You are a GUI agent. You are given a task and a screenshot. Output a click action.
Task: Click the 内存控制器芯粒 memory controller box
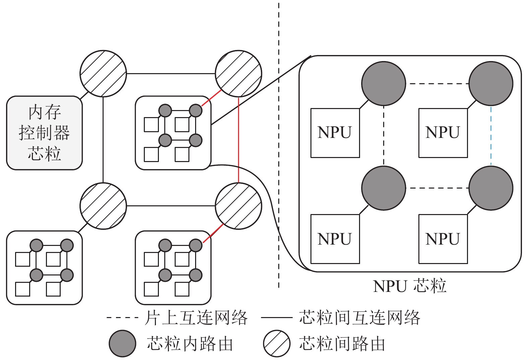(x=44, y=133)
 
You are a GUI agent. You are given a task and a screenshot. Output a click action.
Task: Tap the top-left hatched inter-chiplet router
(x=103, y=73)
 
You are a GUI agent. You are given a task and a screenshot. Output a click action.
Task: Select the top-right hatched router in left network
(x=238, y=73)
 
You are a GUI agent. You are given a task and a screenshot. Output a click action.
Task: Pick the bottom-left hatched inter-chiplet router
(x=103, y=206)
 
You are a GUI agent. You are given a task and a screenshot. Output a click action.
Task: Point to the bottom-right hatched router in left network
(x=238, y=206)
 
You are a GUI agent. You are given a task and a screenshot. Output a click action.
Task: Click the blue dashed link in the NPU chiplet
(x=491, y=136)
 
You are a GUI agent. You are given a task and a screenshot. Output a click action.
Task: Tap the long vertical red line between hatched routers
(x=238, y=140)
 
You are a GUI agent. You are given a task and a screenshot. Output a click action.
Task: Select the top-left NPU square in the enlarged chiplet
(x=335, y=133)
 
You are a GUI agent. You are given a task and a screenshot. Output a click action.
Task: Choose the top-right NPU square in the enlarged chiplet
(x=443, y=133)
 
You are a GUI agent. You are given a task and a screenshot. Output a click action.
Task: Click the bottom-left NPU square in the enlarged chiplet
(x=335, y=239)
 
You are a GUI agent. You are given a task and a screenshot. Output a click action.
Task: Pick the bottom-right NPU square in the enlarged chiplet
(x=443, y=239)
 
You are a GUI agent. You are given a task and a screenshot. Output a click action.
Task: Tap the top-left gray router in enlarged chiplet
(x=384, y=84)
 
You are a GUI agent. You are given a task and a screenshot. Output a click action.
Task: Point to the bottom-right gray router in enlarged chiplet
(x=491, y=188)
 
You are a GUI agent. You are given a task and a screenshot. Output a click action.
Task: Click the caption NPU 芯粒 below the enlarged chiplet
(x=409, y=286)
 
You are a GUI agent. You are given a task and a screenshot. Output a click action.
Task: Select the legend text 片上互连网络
(x=196, y=318)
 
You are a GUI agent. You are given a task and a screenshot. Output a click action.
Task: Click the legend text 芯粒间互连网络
(x=359, y=318)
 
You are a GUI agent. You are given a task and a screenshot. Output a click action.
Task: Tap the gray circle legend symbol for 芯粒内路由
(x=122, y=343)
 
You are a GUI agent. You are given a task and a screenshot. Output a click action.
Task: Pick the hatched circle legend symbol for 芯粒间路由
(x=277, y=343)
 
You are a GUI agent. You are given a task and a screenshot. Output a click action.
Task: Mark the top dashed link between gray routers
(x=437, y=84)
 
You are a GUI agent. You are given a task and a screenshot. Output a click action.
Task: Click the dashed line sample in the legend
(x=122, y=317)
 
